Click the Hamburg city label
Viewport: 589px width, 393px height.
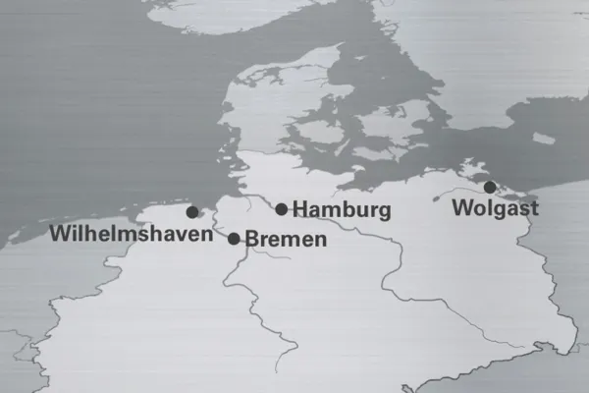(x=342, y=209)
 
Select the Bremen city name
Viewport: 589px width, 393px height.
(x=285, y=239)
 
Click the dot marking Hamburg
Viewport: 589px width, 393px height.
(x=282, y=208)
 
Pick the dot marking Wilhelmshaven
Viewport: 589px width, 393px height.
(x=192, y=211)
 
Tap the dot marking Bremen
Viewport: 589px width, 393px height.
(x=234, y=238)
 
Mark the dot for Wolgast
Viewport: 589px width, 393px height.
(x=490, y=187)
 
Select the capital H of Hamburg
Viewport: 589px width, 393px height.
(x=300, y=209)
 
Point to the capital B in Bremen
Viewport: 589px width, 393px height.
(x=250, y=239)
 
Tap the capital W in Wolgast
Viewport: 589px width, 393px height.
(x=462, y=207)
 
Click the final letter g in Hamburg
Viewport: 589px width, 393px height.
(x=384, y=212)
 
